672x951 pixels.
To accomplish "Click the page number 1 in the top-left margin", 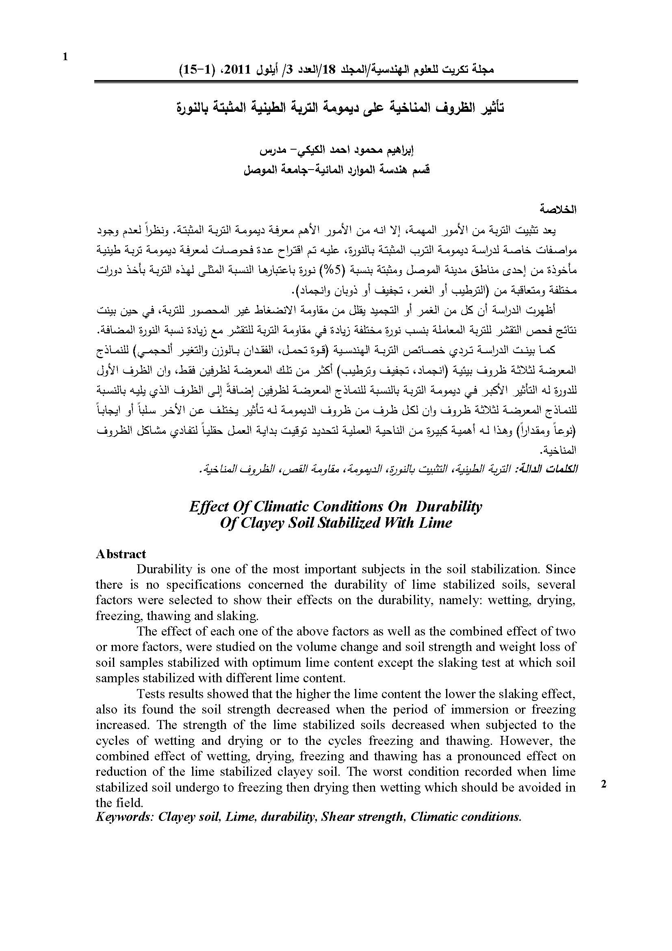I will [x=65, y=57].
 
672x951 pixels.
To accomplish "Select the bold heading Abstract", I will [x=121, y=554].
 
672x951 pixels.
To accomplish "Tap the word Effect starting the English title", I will [x=208, y=506].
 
